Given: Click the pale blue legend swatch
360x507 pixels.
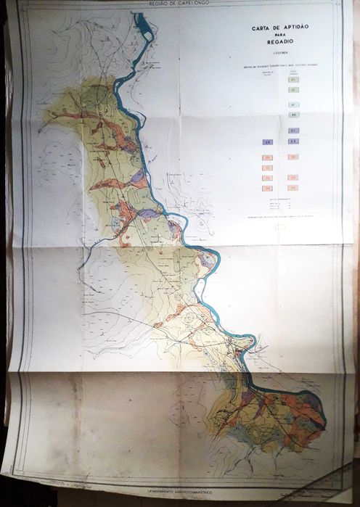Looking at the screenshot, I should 292,115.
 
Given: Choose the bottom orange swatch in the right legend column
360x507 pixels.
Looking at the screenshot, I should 292,188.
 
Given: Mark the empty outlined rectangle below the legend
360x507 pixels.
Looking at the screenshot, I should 279,226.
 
